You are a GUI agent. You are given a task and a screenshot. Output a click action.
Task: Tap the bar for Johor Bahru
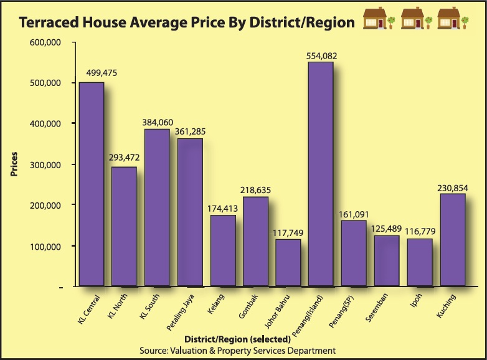[x=288, y=262]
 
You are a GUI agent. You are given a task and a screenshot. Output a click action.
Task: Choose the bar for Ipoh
[x=419, y=262]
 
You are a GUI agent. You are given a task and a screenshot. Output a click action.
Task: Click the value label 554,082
[x=321, y=56]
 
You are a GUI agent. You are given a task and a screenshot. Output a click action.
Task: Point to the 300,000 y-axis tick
[x=44, y=165]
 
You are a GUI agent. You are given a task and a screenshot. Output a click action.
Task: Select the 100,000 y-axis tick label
[x=44, y=247]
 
